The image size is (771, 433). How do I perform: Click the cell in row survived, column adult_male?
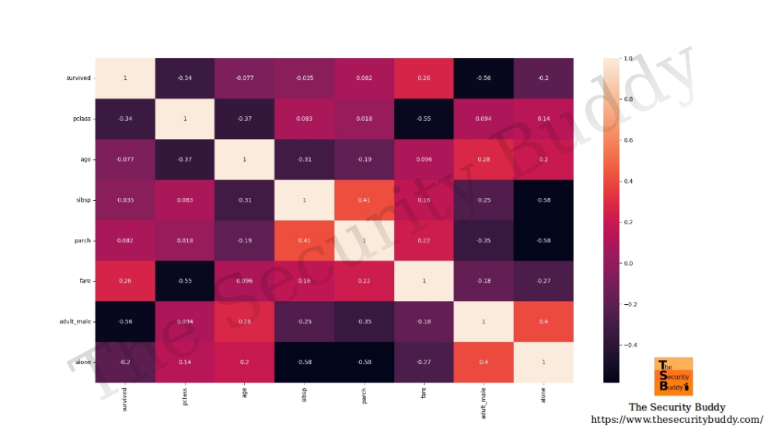click(x=484, y=78)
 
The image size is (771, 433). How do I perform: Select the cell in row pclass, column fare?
click(x=424, y=119)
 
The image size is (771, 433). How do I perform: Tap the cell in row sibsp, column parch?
click(x=365, y=200)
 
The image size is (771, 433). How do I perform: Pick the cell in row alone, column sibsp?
click(x=305, y=362)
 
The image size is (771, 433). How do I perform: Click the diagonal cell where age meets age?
click(x=245, y=160)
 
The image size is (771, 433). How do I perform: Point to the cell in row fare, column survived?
click(x=125, y=281)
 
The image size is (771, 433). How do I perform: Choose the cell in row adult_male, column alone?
click(x=544, y=322)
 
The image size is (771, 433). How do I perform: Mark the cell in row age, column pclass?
click(x=185, y=160)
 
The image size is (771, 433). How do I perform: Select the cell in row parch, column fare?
click(x=424, y=241)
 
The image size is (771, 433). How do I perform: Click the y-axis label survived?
click(x=78, y=78)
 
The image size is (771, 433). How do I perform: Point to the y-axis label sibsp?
click(x=82, y=200)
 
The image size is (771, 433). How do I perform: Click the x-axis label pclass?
click(x=185, y=396)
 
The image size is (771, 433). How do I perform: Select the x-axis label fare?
click(x=424, y=392)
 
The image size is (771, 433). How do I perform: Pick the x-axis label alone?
click(x=544, y=393)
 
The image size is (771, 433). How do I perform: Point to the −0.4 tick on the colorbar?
click(x=630, y=345)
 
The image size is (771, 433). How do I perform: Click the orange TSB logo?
click(x=674, y=376)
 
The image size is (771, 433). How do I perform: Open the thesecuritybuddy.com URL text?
click(x=677, y=419)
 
